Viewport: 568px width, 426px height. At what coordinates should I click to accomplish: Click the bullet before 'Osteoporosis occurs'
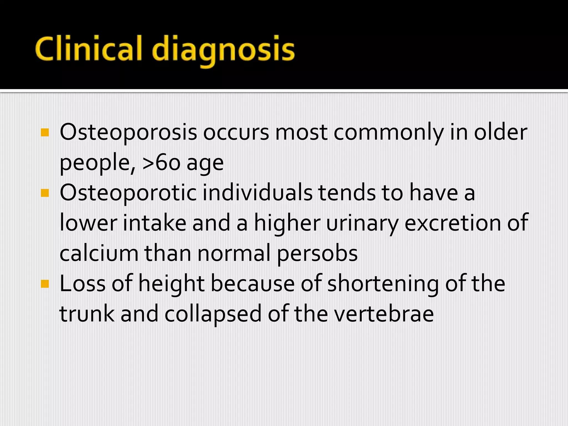[x=45, y=133]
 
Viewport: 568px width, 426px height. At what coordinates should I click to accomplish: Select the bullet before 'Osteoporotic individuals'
[x=45, y=193]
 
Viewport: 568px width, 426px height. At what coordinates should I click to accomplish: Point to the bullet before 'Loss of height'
[x=45, y=284]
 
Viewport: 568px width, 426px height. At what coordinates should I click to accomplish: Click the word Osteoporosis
[x=128, y=133]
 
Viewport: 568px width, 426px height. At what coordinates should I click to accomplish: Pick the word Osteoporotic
[x=128, y=193]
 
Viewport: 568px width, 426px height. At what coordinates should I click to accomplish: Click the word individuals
[x=257, y=193]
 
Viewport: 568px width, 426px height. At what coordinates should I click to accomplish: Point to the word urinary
[x=362, y=223]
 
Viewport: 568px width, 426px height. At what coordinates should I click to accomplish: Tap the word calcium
[x=99, y=253]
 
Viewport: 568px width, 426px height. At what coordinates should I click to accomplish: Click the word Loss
[x=82, y=283]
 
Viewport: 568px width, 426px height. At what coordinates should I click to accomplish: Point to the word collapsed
[x=213, y=314]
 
